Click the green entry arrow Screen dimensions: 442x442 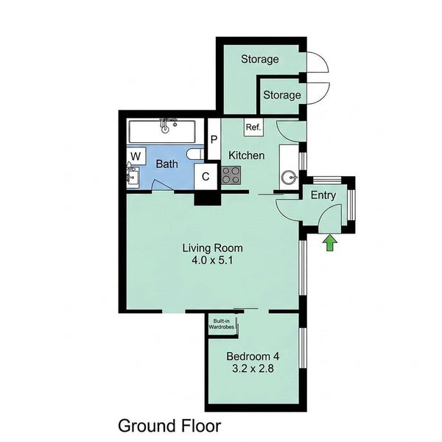pos(330,243)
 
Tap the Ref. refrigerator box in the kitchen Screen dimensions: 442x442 pos(253,127)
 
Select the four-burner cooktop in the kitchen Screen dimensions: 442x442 pos(231,175)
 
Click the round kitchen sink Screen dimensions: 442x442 pos(289,178)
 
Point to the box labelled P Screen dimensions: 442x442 pos(214,139)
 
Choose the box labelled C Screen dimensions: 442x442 pos(206,177)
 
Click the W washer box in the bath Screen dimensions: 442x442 pos(136,156)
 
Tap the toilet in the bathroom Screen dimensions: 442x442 pos(195,154)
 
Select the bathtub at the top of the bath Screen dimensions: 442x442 pos(162,132)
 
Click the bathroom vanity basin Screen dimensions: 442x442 pos(133,176)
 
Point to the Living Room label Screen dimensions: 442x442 pos(213,248)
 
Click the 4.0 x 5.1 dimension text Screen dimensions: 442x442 pos(212,260)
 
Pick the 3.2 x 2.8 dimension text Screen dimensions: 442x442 pos(253,368)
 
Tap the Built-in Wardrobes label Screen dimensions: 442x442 pos(221,324)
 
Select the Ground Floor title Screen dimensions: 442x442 pos(169,426)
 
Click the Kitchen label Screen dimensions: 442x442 pos(246,155)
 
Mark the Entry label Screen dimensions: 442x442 pos(323,195)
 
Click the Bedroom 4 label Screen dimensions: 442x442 pos(253,356)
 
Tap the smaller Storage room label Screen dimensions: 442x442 pos(282,95)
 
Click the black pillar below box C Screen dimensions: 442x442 pos(208,198)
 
